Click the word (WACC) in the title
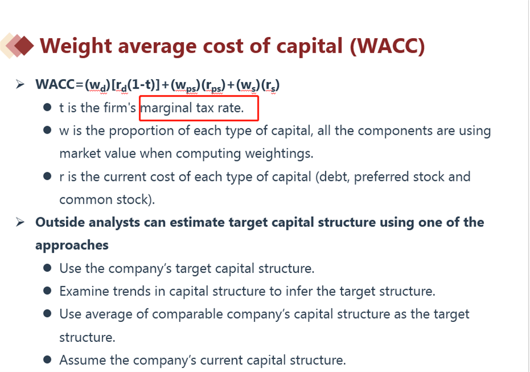tap(387, 46)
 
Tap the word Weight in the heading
tap(76, 47)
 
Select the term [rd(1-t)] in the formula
tap(135, 85)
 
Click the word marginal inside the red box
tap(166, 108)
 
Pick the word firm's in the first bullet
tap(119, 108)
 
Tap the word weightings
tap(279, 154)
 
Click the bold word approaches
tap(72, 246)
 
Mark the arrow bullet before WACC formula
tap(20, 84)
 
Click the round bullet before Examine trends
tap(47, 291)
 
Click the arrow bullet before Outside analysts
tap(20, 222)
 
